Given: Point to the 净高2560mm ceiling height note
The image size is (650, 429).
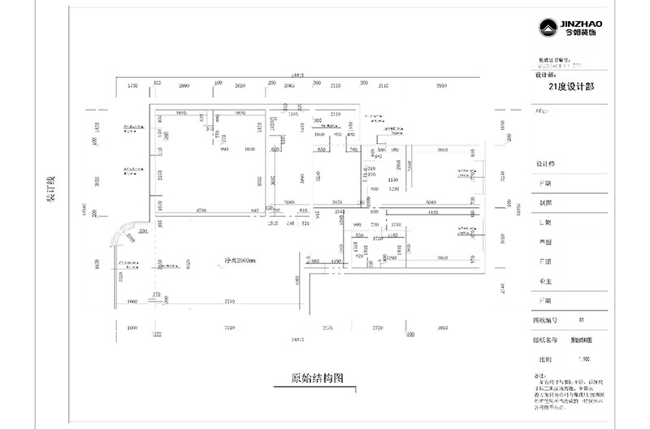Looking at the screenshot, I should tap(240, 261).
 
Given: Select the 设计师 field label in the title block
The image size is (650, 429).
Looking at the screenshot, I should tap(545, 163).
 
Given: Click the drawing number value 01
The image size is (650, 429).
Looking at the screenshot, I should tap(580, 320).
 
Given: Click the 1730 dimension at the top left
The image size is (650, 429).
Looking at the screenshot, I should tap(134, 84).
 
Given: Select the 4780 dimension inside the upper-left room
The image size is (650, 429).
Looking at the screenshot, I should tap(201, 210).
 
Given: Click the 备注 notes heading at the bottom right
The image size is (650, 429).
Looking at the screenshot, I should tap(537, 376).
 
